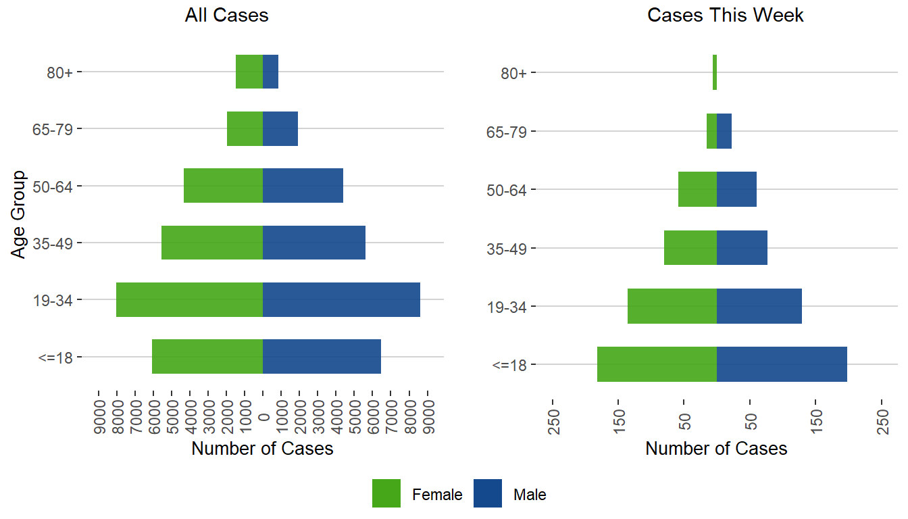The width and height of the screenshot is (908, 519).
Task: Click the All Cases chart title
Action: coord(226,16)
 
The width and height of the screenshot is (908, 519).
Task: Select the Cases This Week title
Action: coord(726,16)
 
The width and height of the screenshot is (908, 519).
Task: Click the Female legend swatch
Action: coord(386,494)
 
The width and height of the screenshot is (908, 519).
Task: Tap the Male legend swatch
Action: coord(487,494)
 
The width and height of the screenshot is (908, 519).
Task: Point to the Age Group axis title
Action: coord(19,214)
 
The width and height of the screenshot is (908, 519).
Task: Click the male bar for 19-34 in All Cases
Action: coord(341,299)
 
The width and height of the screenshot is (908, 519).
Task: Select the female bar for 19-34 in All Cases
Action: coord(189,299)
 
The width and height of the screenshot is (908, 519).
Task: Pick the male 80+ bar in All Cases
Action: coord(270,72)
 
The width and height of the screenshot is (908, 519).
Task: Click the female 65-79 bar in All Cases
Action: coord(245,128)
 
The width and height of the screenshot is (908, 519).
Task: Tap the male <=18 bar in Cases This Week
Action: coord(782,364)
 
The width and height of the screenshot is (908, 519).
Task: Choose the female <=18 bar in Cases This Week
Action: coord(657,364)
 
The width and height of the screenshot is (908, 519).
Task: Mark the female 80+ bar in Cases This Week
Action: coord(715,72)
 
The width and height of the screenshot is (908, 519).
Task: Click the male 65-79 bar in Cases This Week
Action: coord(724,131)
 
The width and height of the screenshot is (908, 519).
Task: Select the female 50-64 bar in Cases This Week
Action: coord(697,189)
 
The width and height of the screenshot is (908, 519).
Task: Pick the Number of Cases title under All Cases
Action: coord(262,449)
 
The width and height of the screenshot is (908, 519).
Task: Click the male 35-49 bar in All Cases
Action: coord(314,243)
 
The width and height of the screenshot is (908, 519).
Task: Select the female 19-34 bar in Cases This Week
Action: coord(672,306)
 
